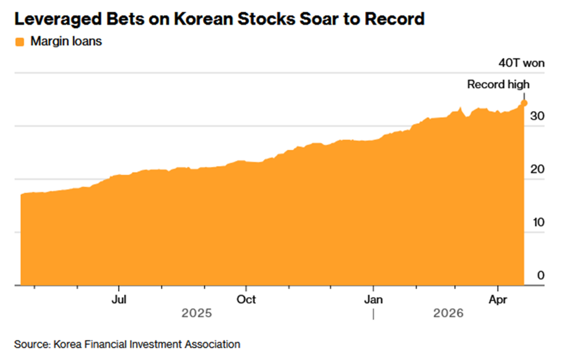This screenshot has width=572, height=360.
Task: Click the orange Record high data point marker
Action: [524, 103]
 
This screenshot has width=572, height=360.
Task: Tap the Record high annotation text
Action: [498, 84]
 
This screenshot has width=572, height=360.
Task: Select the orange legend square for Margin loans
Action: [20, 42]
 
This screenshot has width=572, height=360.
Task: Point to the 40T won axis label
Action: [521, 64]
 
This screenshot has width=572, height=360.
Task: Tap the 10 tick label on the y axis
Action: [538, 222]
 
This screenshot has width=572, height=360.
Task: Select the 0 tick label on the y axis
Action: [540, 275]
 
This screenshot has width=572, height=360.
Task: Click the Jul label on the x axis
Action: [119, 300]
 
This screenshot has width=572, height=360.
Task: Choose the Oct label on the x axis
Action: [246, 300]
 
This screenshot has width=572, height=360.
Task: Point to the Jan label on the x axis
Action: [373, 300]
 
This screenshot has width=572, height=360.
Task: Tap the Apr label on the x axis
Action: [498, 300]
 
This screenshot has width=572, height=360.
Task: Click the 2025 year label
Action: [196, 313]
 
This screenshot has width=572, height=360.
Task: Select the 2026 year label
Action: [448, 313]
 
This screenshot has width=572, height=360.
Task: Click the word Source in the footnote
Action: [31, 344]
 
